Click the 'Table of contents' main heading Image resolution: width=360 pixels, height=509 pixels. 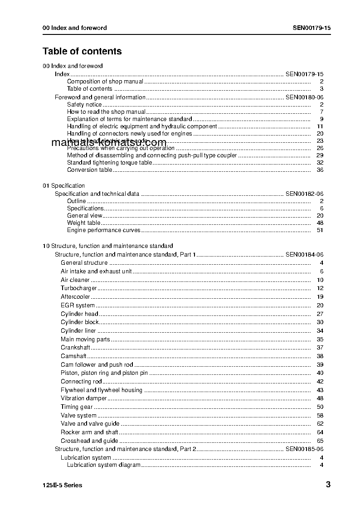coord(82,51)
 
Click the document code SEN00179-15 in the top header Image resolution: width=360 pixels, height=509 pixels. coord(311,28)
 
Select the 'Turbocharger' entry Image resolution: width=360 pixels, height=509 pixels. coord(79,288)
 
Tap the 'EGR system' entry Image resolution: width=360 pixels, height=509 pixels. coord(78,305)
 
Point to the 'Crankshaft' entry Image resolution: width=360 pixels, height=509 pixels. coord(75,348)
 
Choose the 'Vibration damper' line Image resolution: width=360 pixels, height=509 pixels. coord(84,398)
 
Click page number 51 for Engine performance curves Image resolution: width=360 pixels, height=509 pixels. coord(320,230)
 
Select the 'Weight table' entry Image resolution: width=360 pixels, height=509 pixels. coord(84,223)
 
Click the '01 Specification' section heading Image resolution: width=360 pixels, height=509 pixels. coord(63,186)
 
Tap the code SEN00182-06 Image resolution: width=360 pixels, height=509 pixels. coord(304,194)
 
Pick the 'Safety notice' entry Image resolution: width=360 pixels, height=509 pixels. coord(84,105)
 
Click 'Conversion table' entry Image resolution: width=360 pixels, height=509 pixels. coord(89,170)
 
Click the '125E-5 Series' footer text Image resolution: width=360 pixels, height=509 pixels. coord(63,485)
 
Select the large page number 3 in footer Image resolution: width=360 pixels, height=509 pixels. coord(328,485)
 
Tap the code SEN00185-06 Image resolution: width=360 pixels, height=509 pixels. coord(304,449)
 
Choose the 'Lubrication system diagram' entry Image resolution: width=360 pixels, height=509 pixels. coord(104,465)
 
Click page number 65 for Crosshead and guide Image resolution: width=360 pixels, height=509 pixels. coord(320,441)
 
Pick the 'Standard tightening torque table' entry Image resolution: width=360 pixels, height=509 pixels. coord(110,163)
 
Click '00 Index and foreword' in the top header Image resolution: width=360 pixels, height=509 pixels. coord(75,28)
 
